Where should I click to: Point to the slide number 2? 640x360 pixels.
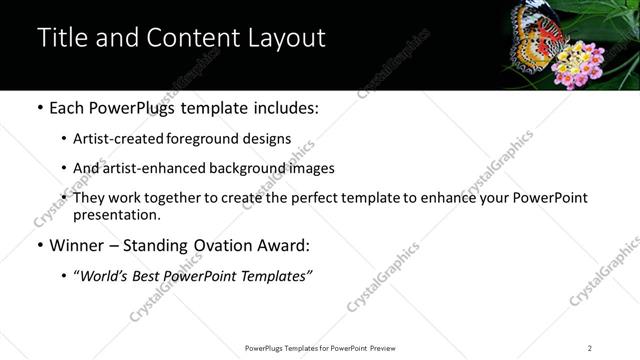pyautogui.click(x=590, y=348)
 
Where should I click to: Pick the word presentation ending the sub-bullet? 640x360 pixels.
pyautogui.click(x=116, y=215)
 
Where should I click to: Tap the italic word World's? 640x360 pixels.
pyautogui.click(x=106, y=275)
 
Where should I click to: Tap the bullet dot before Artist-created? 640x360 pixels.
pyautogui.click(x=64, y=139)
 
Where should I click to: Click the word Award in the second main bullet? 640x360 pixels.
pyautogui.click(x=280, y=245)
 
